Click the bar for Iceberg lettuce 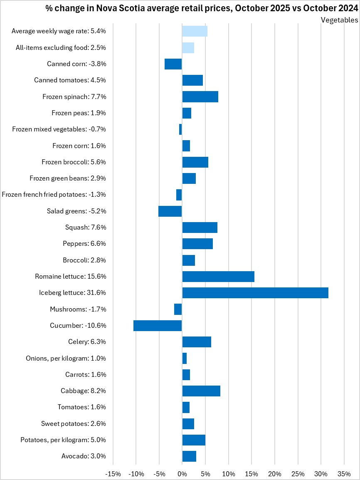255,293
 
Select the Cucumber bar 158,326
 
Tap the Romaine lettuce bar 218,277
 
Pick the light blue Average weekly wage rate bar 195,31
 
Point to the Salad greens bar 170,211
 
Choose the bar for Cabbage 201,391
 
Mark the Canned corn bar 173,64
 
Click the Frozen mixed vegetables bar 180,129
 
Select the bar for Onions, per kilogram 185,358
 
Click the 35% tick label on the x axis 344,474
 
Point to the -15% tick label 113,474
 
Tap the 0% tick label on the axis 182,474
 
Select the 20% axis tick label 274,474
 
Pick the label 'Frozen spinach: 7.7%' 74,97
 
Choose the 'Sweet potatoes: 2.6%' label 73,424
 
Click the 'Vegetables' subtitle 339,20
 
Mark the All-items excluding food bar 188,48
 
